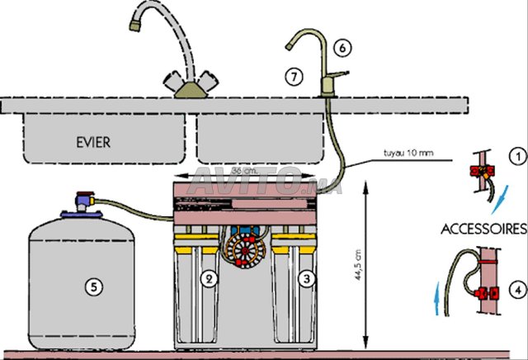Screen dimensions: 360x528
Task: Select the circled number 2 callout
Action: (x=210, y=279)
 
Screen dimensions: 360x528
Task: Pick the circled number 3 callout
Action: (x=306, y=279)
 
